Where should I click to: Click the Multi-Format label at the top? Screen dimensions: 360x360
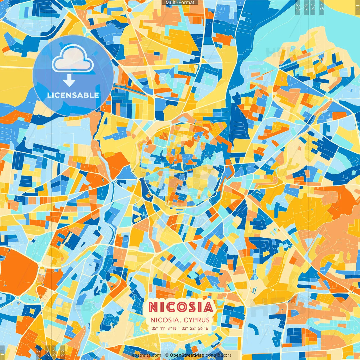click(x=180, y=3)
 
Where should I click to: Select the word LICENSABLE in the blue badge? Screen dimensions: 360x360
click(x=73, y=95)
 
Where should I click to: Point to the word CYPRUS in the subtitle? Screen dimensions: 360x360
click(x=197, y=320)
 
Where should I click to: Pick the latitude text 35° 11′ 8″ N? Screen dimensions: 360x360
click(x=164, y=328)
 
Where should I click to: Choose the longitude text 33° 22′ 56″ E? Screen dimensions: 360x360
click(x=195, y=328)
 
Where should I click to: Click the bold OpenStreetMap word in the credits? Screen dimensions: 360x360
click(x=187, y=355)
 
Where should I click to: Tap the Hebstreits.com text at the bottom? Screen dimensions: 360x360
click(x=145, y=355)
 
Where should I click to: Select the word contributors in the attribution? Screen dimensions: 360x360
click(x=219, y=355)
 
